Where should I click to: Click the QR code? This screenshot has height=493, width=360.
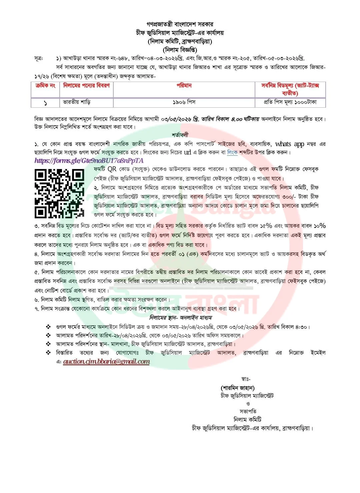pyautogui.click(x=60, y=193)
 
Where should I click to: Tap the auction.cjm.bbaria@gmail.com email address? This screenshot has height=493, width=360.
pyautogui.click(x=106, y=361)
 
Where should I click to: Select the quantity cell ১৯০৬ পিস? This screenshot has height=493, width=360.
pyautogui.click(x=184, y=102)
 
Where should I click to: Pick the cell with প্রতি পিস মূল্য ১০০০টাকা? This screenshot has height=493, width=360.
pyautogui.click(x=290, y=102)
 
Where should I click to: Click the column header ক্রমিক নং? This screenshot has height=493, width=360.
pyautogui.click(x=45, y=86)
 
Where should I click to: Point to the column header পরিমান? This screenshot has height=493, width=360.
pyautogui.click(x=184, y=86)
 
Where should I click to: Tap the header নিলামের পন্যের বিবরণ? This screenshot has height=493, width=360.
pyautogui.click(x=86, y=86)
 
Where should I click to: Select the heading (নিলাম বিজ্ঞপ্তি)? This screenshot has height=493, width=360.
pyautogui.click(x=180, y=50)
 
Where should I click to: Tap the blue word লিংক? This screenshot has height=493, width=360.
pyautogui.click(x=232, y=153)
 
